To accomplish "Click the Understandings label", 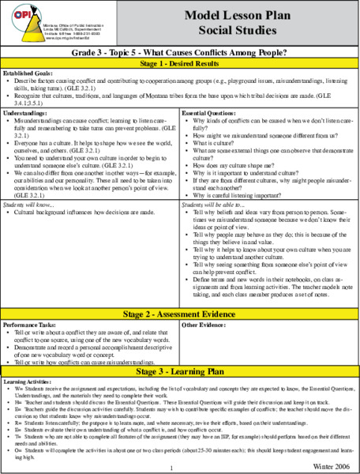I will click(x=25, y=113).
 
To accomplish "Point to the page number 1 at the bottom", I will click(x=171, y=467).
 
